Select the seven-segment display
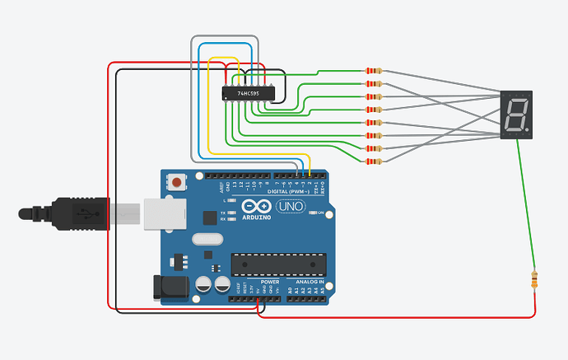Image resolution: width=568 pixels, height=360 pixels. [x=516, y=115]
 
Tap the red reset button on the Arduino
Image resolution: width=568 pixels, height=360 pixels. [x=176, y=181]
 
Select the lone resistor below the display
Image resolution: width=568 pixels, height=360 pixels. [x=537, y=280]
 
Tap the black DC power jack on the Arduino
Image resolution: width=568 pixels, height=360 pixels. [x=170, y=288]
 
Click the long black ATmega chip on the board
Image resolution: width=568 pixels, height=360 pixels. [x=278, y=264]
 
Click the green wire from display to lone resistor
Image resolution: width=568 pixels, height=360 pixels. [x=526, y=206]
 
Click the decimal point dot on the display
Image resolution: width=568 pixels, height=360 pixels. [x=526, y=129]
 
